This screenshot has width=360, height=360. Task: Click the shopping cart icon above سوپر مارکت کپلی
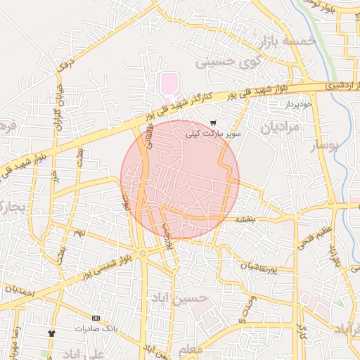click(213, 123)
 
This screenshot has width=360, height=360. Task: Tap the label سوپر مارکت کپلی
click(213, 132)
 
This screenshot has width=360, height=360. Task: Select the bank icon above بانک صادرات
click(96, 318)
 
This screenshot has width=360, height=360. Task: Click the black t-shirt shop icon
click(51, 332)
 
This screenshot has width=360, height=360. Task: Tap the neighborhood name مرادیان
click(281, 127)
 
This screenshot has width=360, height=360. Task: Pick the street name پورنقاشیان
click(266, 267)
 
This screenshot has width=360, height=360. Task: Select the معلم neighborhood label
click(191, 349)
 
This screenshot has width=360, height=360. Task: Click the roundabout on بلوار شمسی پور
click(143, 253)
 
